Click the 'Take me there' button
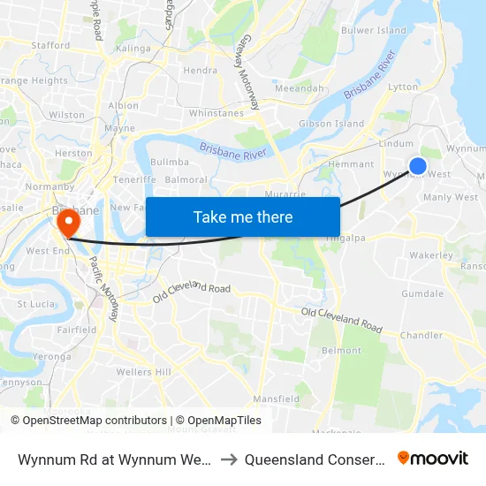(x=243, y=216)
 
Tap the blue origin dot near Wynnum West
(x=418, y=166)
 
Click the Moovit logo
(x=433, y=458)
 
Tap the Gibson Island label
(x=331, y=124)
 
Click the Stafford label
(x=50, y=45)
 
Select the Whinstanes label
(x=216, y=113)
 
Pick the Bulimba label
(x=170, y=163)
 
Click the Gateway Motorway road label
(x=247, y=80)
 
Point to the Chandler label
(x=421, y=336)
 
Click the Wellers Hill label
(x=143, y=372)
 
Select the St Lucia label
(x=36, y=304)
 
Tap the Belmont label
(x=342, y=351)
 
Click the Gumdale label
(x=422, y=293)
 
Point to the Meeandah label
(x=300, y=89)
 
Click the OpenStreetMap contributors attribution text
(x=89, y=421)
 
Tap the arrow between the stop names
(x=227, y=459)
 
